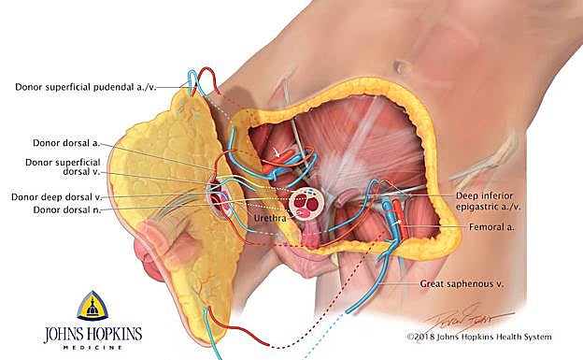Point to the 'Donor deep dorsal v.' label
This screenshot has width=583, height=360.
(56, 197)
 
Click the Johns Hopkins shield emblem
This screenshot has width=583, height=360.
(91, 306)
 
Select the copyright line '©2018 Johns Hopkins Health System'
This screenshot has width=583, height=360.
(478, 337)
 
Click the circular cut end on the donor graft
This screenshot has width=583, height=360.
(221, 197)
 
